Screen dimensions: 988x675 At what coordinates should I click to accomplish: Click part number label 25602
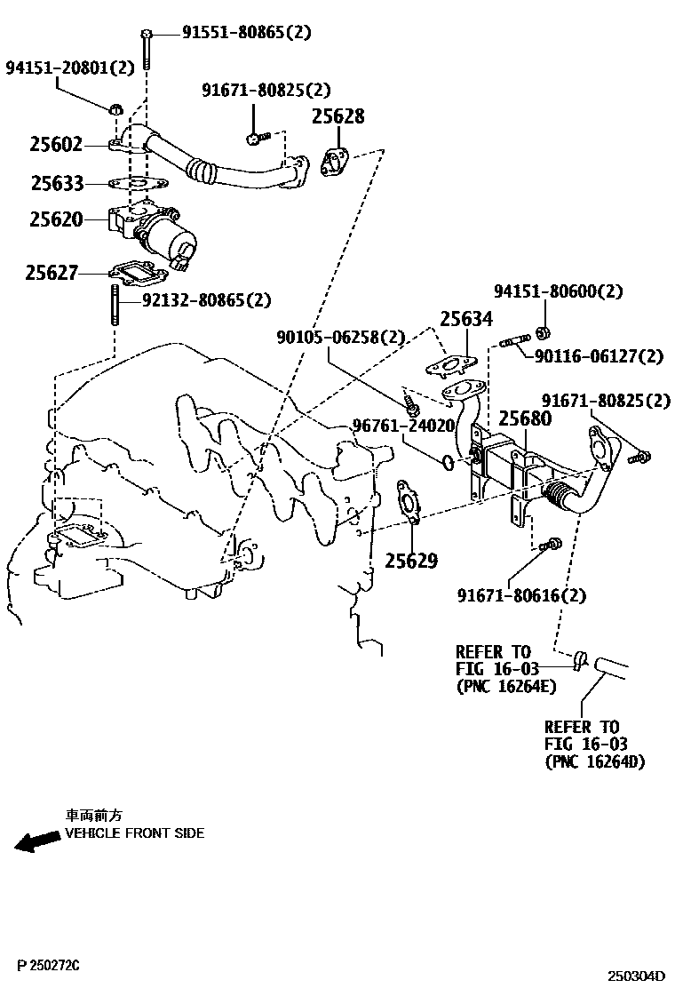pos(55,145)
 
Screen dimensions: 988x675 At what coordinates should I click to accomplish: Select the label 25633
pos(57,184)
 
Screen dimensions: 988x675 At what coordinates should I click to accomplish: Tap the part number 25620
pos(55,219)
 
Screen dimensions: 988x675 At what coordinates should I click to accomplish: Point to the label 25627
pos(52,274)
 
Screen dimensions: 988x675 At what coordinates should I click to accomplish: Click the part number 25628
pos(337,117)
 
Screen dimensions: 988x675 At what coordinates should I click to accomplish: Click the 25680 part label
pos(524,418)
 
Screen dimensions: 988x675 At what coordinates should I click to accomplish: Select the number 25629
pos(411,561)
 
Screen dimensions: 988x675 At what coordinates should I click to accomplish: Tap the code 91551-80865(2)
pos(247,34)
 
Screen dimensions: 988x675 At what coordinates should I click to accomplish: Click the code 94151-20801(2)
pos(70,68)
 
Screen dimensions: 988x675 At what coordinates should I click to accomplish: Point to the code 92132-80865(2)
pos(207,300)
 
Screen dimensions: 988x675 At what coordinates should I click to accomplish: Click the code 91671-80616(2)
pos(522,594)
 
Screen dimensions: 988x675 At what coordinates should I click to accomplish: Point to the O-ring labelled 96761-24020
pos(449,462)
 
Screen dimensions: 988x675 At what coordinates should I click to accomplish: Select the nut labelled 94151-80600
pos(543,334)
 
